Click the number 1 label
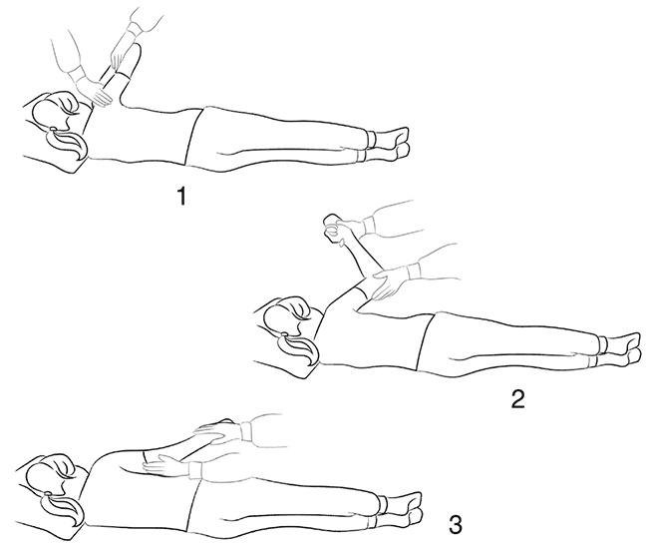pos(181,196)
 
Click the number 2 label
pos(517,398)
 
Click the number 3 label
pos(455,525)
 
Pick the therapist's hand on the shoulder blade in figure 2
pos(388,282)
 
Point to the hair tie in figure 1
pos(53,129)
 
